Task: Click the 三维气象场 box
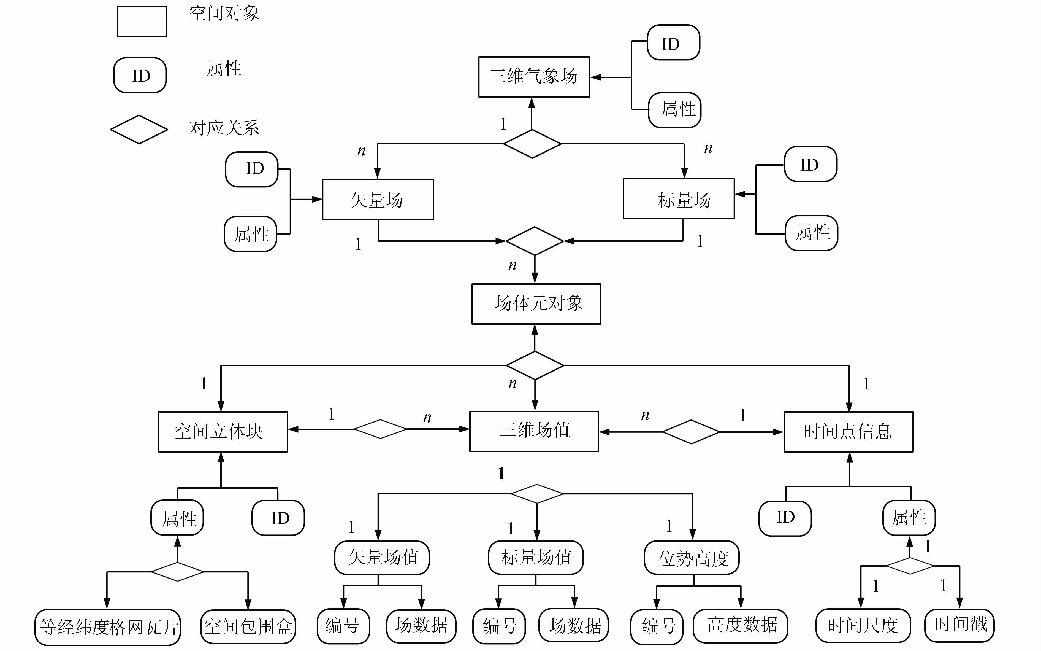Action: (x=534, y=77)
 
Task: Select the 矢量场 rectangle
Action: (x=378, y=199)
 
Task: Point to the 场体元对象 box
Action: (x=536, y=303)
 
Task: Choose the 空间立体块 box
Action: (x=223, y=431)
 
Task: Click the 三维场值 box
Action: (x=534, y=431)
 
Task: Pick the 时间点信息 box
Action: (x=848, y=431)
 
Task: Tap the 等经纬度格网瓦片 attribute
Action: (x=107, y=627)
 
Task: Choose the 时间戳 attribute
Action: (x=959, y=625)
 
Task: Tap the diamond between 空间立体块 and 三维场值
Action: (x=380, y=429)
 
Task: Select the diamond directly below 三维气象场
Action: (x=532, y=144)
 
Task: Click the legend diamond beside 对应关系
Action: (x=139, y=129)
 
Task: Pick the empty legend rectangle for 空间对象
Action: (x=142, y=21)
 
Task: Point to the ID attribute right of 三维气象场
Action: (x=673, y=43)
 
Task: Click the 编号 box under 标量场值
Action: (x=499, y=626)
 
